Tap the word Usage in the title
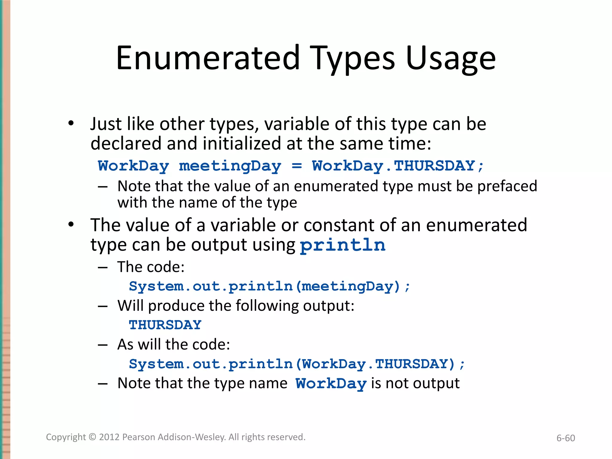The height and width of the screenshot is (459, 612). coord(451,58)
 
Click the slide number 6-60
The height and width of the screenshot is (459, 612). coord(565,438)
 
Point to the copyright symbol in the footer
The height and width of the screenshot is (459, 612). coord(92,437)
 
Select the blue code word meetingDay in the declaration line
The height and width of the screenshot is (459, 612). coord(230,166)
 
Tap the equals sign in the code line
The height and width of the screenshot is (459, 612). coord(296,166)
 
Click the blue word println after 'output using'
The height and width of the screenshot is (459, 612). coord(342,245)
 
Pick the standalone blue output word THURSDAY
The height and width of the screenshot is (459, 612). coord(165,325)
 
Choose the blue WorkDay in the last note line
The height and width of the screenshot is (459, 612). coord(331,384)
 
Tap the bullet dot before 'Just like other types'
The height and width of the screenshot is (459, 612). coord(71,123)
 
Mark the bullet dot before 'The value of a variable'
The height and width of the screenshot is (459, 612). coord(71,224)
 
